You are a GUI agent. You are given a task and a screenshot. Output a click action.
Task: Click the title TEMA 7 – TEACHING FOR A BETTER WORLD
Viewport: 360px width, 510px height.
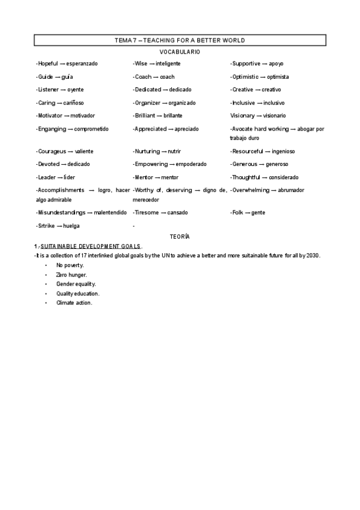(180, 40)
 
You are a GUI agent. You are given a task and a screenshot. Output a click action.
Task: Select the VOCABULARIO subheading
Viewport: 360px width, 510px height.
(180, 52)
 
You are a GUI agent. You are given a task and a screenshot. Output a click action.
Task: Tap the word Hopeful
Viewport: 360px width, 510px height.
(48, 64)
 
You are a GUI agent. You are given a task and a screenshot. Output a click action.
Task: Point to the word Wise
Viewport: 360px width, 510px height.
(141, 64)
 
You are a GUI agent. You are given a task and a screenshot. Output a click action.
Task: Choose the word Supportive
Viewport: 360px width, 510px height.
(246, 64)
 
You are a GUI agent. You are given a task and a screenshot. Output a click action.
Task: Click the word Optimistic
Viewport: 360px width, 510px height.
(245, 77)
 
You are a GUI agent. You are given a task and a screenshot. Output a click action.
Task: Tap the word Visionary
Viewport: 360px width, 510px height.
(242, 115)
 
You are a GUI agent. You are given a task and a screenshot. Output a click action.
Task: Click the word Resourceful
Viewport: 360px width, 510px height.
(248, 152)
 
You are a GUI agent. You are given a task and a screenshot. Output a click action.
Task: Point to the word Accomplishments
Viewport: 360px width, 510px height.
(59, 190)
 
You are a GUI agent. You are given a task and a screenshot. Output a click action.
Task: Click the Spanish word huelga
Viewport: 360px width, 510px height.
(72, 226)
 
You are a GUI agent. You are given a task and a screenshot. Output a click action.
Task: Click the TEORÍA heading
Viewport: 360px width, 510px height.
(180, 238)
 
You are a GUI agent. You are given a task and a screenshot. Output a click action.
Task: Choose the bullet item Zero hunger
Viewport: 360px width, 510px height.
(71, 274)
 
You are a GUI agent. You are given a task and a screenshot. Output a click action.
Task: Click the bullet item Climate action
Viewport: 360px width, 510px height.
(74, 303)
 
